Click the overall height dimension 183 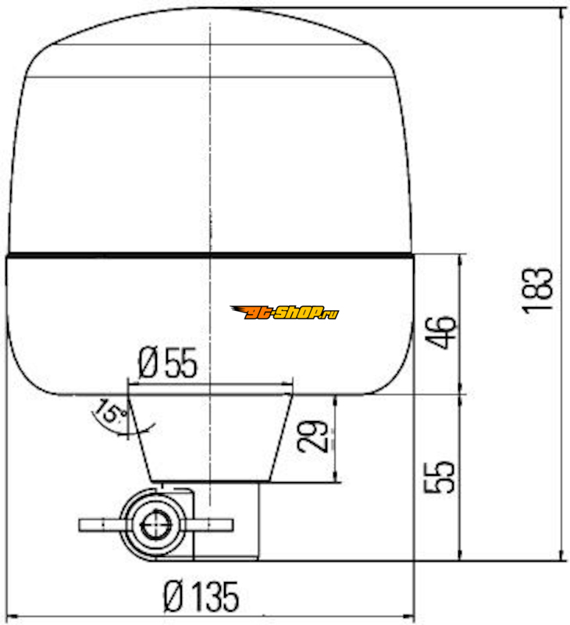pyautogui.click(x=538, y=291)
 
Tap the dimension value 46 pyautogui.click(x=440, y=333)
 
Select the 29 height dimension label pyautogui.click(x=312, y=436)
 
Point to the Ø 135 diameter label pyautogui.click(x=201, y=597)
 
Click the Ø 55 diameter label pyautogui.click(x=168, y=362)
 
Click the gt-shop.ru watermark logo pyautogui.click(x=284, y=312)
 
